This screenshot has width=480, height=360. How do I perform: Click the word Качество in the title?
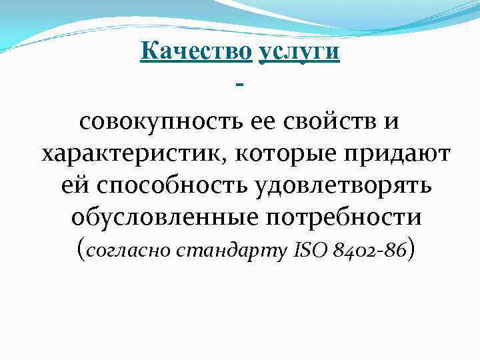click(x=196, y=51)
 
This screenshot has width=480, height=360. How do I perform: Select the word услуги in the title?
click(x=299, y=53)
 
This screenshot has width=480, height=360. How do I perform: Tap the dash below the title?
click(x=240, y=84)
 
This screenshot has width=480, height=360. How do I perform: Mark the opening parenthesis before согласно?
click(x=81, y=249)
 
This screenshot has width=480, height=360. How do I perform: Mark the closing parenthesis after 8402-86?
click(x=414, y=249)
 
